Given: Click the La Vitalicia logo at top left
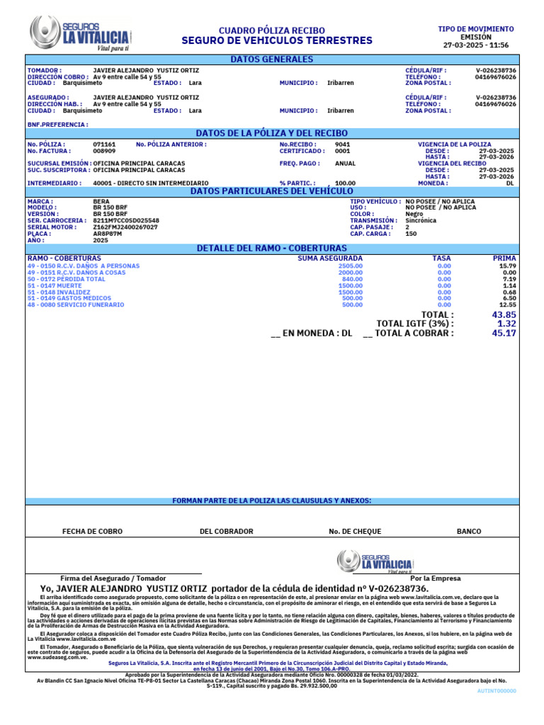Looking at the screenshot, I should [79, 33].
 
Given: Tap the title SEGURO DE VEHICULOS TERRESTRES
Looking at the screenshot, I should [276, 41].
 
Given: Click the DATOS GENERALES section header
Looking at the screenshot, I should [271, 59].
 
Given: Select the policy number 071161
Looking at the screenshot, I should [104, 144].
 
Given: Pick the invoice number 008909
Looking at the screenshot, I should [104, 151].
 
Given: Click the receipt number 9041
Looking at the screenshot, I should [342, 144].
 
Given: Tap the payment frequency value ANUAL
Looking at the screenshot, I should [345, 163].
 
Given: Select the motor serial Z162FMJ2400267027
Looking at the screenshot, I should [125, 227].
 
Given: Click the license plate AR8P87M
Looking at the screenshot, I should [108, 233].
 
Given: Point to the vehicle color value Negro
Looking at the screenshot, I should [414, 214].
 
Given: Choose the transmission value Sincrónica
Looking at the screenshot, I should [421, 220].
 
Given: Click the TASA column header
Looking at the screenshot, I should [441, 258].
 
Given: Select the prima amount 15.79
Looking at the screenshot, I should [508, 266].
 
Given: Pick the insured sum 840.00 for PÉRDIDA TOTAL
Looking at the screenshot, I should [352, 279].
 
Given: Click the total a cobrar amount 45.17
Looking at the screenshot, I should [504, 333].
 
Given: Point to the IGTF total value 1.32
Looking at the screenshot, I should [506, 324].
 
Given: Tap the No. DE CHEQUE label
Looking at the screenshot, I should [355, 531].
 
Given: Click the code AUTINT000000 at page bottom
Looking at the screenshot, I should [498, 690].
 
